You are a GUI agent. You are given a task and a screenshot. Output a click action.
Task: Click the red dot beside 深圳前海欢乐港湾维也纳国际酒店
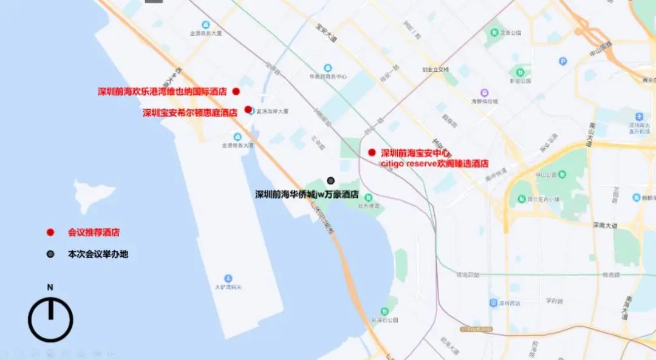[x=236, y=91]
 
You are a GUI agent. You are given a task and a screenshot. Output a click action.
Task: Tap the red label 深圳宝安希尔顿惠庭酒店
[x=190, y=112]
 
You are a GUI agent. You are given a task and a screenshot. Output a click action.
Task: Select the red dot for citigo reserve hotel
[x=372, y=153]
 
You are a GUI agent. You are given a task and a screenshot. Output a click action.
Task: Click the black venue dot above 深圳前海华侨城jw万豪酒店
[x=331, y=180]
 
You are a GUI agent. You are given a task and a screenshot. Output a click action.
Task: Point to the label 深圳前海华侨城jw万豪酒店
[x=307, y=195]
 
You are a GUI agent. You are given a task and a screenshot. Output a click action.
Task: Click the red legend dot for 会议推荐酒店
[x=50, y=232]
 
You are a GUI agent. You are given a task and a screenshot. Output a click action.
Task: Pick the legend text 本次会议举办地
[x=98, y=254]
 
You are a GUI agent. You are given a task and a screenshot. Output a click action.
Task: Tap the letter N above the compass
[x=50, y=287]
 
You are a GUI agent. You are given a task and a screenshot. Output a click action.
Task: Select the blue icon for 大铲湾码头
[x=228, y=278]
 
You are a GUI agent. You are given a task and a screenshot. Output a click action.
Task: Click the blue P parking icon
[x=562, y=61]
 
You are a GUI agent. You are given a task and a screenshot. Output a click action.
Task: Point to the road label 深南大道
[x=605, y=225]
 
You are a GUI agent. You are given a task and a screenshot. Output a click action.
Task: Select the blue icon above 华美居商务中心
[x=328, y=67]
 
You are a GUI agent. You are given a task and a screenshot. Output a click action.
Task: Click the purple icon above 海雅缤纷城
[x=484, y=92]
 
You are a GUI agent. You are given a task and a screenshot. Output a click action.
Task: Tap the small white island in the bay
[x=94, y=194]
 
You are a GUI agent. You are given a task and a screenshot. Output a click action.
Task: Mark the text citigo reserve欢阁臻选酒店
[x=434, y=164]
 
